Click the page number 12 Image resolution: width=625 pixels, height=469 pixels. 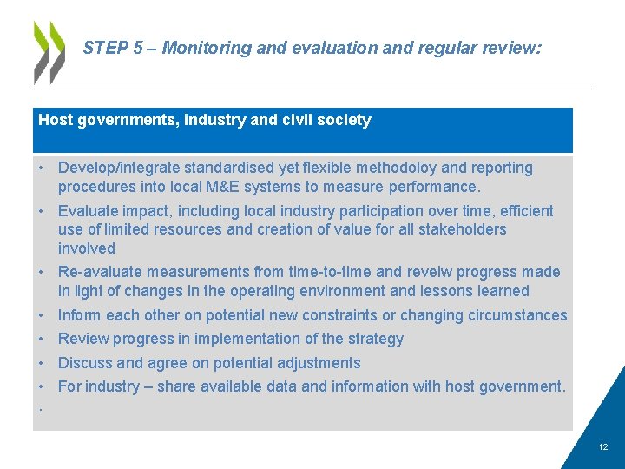click(603, 447)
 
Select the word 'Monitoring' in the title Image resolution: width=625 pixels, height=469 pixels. click(202, 49)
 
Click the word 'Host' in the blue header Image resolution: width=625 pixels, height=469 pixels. click(56, 121)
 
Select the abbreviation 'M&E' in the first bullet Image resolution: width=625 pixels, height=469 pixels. click(218, 187)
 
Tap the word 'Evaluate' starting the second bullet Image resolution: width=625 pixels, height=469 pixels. click(89, 211)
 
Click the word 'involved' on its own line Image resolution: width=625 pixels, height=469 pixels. click(87, 248)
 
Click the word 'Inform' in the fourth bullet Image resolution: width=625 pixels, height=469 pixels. click(80, 315)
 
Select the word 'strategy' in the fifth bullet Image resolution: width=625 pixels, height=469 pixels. click(375, 339)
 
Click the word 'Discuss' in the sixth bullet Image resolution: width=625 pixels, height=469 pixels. click(85, 363)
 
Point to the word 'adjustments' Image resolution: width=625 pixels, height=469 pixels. click(319, 363)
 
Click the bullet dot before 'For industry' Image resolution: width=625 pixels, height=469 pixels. click(41, 387)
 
